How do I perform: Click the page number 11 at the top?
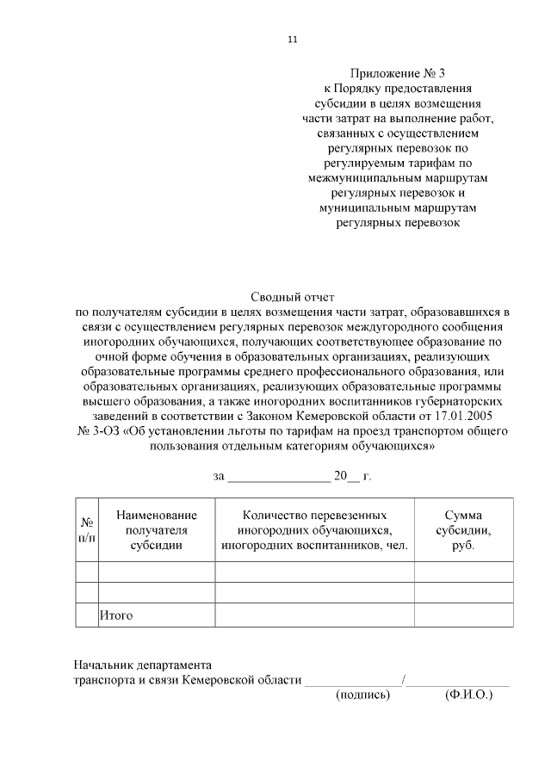pyautogui.click(x=292, y=39)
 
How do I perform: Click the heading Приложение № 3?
pyautogui.click(x=398, y=73)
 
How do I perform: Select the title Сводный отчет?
pyautogui.click(x=292, y=296)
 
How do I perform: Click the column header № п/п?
pyautogui.click(x=87, y=529)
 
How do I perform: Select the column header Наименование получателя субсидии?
pyautogui.click(x=157, y=529)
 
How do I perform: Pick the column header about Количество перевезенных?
pyautogui.click(x=314, y=529)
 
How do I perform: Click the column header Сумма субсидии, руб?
pyautogui.click(x=463, y=529)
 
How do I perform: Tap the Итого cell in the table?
pyautogui.click(x=117, y=615)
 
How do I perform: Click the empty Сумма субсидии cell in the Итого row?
pyautogui.click(x=463, y=615)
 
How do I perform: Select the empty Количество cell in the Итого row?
pyautogui.click(x=314, y=615)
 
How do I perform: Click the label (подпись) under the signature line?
pyautogui.click(x=362, y=695)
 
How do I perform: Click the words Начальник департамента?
pyautogui.click(x=142, y=665)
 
